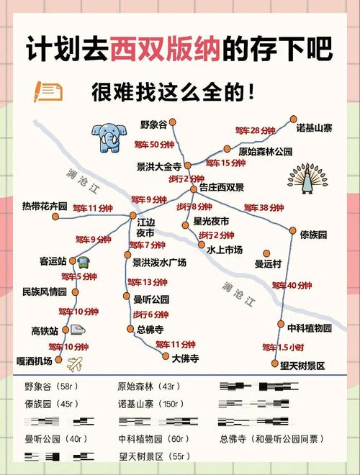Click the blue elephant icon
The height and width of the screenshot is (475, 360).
click(x=109, y=135)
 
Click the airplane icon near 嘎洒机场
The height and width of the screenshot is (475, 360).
click(x=74, y=363)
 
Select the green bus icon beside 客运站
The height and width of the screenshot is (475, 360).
click(x=83, y=261)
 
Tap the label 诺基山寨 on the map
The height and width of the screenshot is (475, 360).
click(x=314, y=128)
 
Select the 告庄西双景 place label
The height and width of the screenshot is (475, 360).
click(x=222, y=188)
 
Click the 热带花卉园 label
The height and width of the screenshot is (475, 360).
click(x=45, y=207)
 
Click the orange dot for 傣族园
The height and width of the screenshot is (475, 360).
click(x=293, y=231)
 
